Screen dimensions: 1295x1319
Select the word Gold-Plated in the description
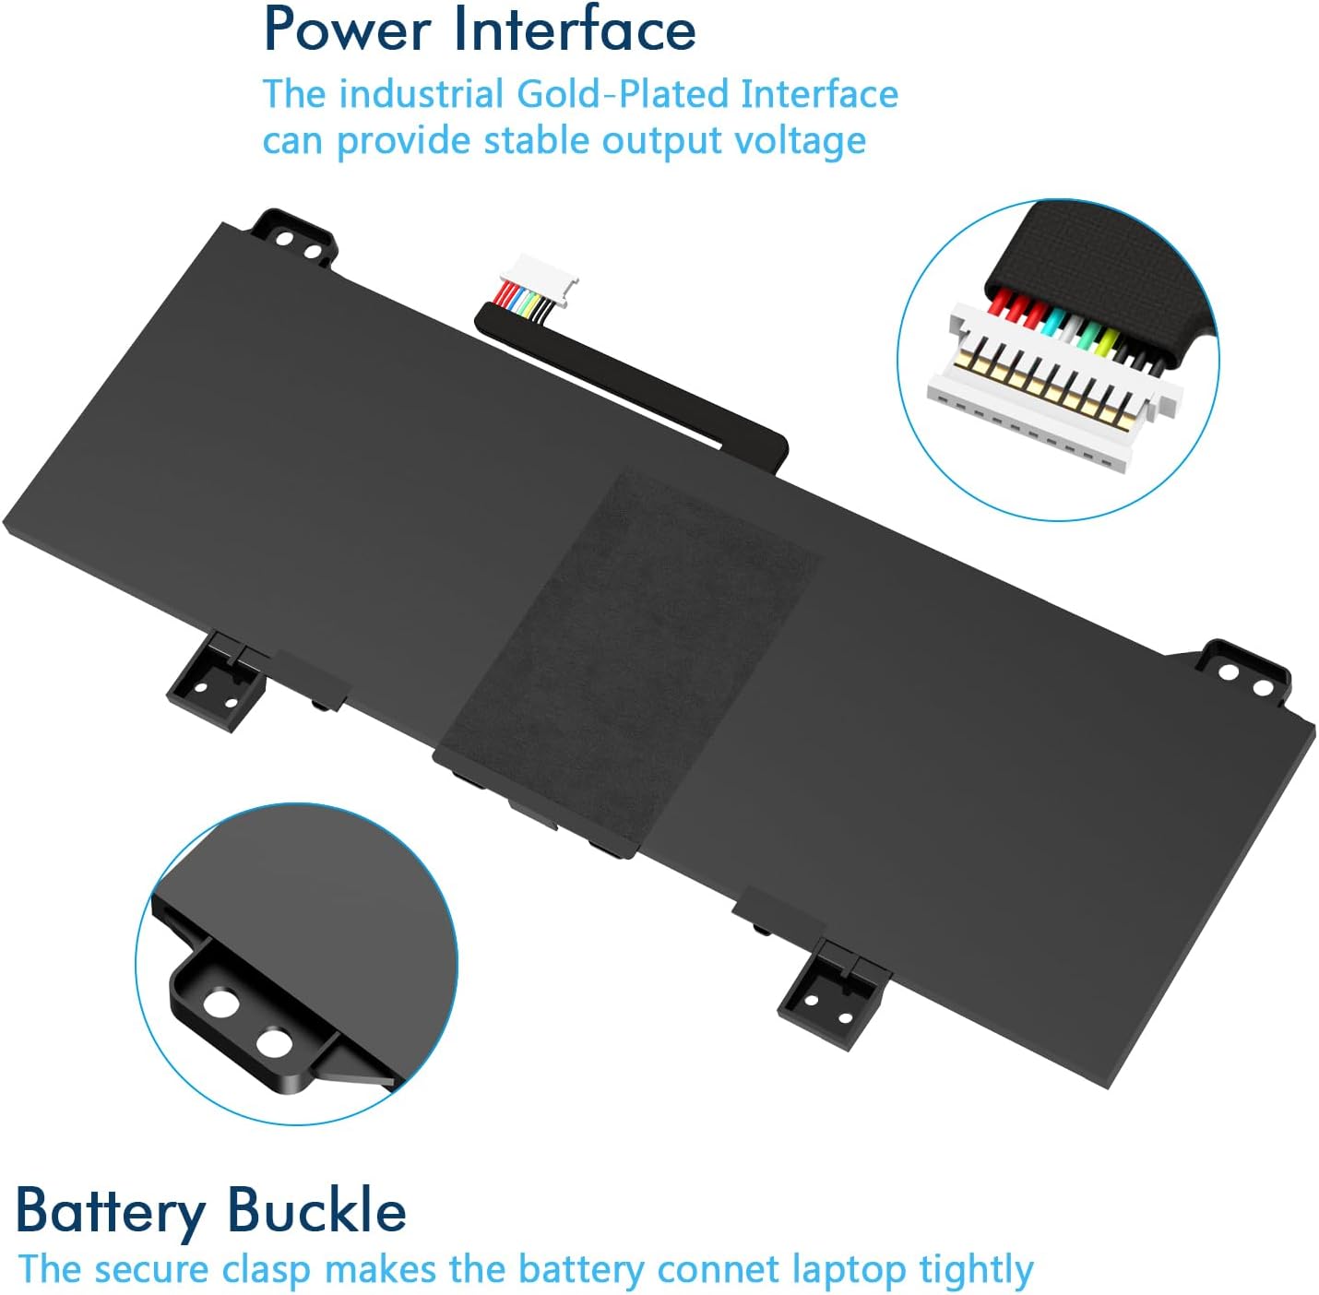(x=623, y=94)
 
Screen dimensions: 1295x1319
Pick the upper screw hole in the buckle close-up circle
(x=222, y=1003)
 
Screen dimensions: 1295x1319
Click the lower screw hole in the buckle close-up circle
(x=274, y=1043)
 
